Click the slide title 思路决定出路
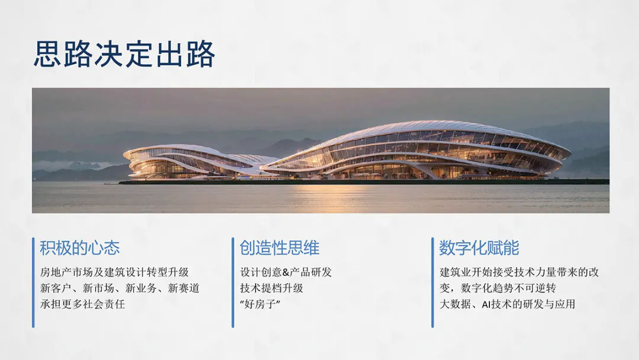pos(124,54)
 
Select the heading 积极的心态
pos(80,248)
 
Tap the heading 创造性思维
pos(279,248)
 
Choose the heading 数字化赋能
pos(479,248)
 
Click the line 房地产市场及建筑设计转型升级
pos(115,272)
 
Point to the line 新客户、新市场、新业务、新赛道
pos(120,288)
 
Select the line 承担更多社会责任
pos(82,304)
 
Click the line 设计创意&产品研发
pos(286,272)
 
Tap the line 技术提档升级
pos(272,288)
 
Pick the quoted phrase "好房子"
pos(260,304)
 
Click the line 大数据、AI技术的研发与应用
pos(508,304)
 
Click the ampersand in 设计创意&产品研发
pos(285,272)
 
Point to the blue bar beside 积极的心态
pos(33,282)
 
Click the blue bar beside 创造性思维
pos(233,282)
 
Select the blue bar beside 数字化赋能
pos(433,282)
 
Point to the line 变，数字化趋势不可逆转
pos(498,288)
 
